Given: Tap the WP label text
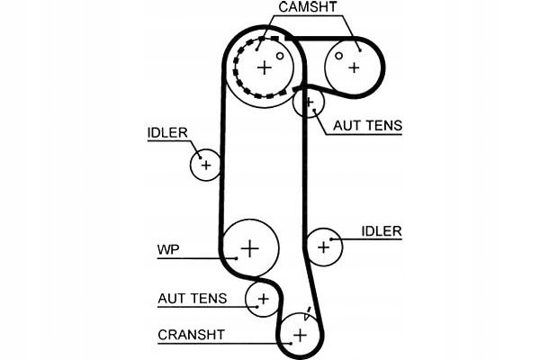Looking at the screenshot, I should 168,248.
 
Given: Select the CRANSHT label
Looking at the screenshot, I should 192,336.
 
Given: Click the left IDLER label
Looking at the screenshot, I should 167,133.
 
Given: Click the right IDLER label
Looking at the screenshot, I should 381,231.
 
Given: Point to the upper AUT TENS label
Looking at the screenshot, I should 367,126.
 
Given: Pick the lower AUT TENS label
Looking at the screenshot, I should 191,297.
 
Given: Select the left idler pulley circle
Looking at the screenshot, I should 206,165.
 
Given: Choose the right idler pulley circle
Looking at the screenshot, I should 324,246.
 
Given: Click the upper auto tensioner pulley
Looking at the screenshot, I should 309,103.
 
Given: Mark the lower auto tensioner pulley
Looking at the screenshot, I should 263,299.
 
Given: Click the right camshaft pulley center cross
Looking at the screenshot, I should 354,66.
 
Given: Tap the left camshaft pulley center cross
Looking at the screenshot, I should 264,66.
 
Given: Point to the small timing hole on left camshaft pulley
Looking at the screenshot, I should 280,56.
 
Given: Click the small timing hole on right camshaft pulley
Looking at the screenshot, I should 338,56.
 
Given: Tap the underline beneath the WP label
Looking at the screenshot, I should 193,258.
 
